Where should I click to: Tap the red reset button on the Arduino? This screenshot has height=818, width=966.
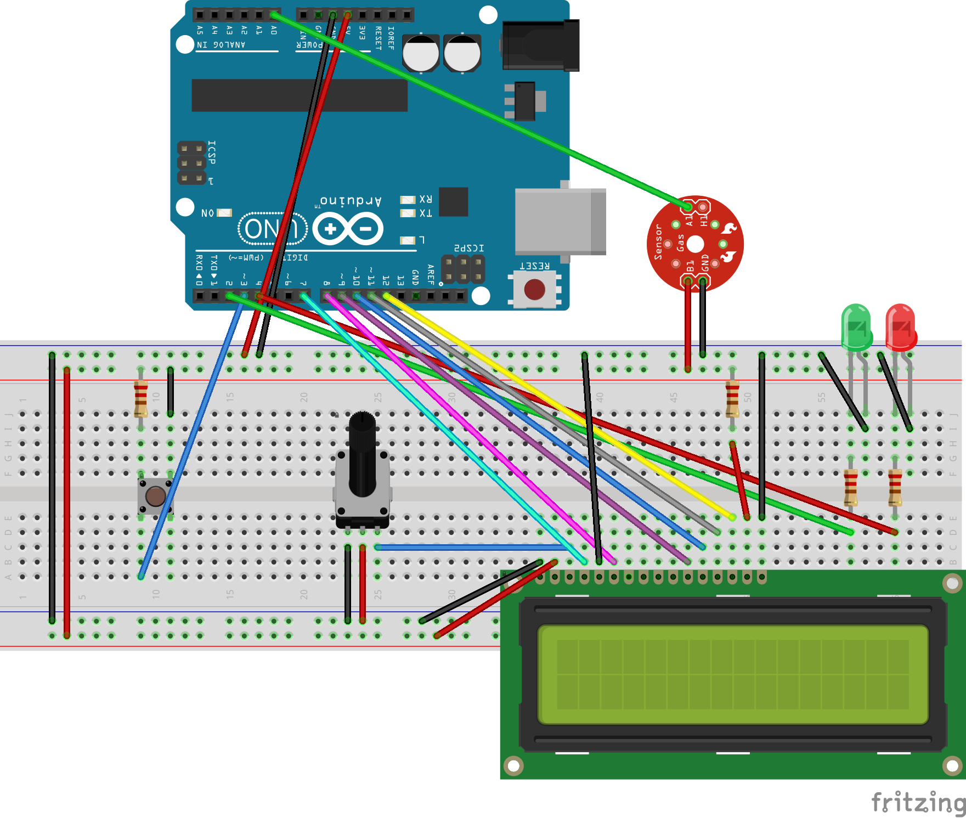pos(534,289)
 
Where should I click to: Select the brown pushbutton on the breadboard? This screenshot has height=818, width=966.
pos(155,497)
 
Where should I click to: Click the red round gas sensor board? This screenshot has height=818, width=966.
pos(695,244)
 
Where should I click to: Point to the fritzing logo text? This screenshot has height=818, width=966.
pos(917,802)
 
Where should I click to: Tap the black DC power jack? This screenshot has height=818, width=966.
pos(541,46)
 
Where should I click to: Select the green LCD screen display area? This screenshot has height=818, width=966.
pos(733,674)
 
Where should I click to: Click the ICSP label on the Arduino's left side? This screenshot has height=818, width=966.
pos(212,153)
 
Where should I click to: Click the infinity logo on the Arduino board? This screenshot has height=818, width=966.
pos(348,229)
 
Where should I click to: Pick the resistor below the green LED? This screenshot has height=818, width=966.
pos(850,487)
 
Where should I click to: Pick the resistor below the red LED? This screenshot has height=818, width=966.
pos(895,487)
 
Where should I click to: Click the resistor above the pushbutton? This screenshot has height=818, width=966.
pos(141,399)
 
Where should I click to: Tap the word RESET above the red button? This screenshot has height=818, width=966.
pos(534,266)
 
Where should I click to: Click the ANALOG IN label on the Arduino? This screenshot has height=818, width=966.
pos(221,45)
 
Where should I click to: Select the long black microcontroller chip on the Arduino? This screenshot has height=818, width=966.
pos(300,95)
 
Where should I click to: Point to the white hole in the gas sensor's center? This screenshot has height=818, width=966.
pos(695,244)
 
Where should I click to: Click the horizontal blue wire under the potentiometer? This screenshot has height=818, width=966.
pos(472,547)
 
